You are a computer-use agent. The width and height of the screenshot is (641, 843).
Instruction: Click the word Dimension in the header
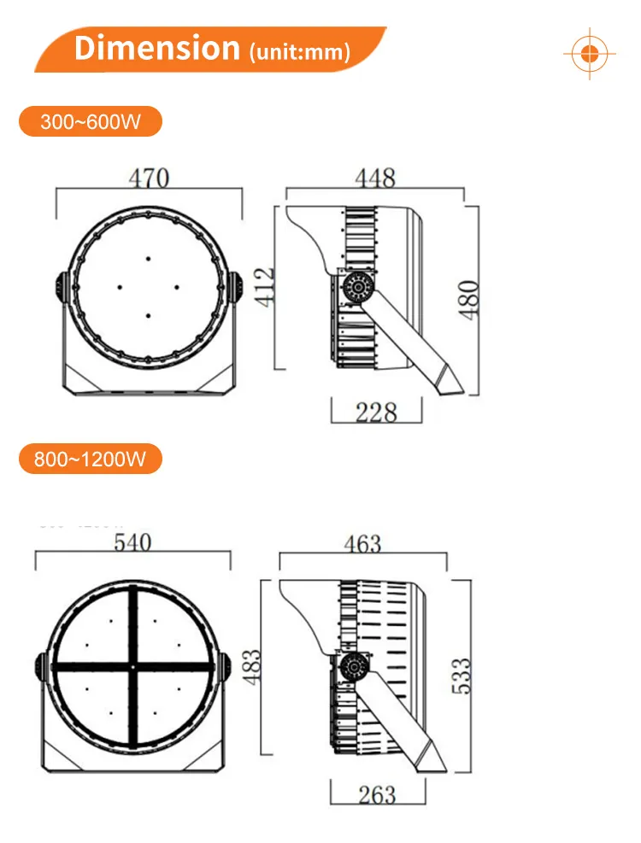pos(157,48)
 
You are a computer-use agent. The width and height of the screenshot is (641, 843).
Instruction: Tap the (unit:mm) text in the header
pos(298,51)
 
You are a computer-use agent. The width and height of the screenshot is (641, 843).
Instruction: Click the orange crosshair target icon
pos(589,53)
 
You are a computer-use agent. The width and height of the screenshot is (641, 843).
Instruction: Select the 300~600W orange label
pos(90,121)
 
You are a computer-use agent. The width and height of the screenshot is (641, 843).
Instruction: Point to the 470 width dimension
pos(149,178)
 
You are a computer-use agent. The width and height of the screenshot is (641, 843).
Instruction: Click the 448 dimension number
pos(375,178)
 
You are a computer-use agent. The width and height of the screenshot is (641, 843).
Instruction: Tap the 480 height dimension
pos(469,299)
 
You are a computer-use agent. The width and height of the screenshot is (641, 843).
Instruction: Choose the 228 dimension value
pos(376,413)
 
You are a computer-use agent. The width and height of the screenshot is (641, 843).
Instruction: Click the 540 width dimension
pos(132,542)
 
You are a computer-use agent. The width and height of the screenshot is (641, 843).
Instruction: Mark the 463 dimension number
pos(362,543)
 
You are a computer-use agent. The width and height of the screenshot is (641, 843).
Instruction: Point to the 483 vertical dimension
pos(254,664)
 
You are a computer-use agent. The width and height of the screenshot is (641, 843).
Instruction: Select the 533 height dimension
pos(461,675)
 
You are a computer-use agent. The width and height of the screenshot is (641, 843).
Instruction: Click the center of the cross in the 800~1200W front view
pos(133,666)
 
